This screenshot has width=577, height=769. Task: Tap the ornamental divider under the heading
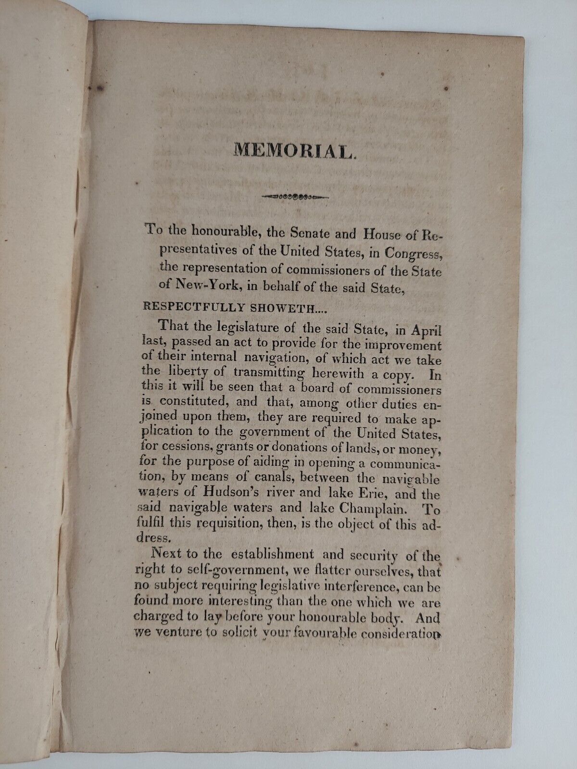pos(294,196)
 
